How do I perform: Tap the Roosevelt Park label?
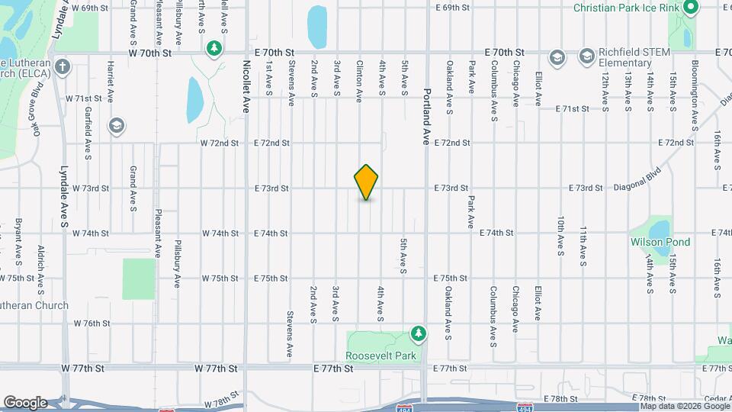381,356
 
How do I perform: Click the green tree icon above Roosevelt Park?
418,333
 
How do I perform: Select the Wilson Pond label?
660,242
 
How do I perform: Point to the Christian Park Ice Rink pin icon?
691,8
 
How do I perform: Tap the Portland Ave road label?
427,115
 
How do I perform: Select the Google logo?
25,402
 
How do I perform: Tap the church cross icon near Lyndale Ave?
62,66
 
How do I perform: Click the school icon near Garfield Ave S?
117,125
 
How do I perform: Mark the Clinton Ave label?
359,82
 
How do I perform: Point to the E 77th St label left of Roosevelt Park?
333,369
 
